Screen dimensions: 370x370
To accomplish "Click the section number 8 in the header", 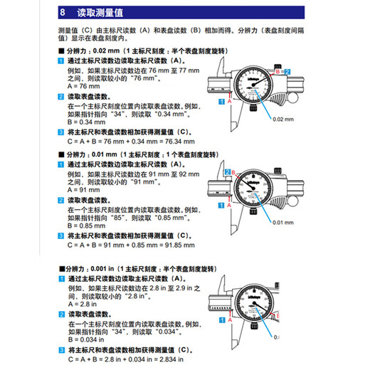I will click(62, 12).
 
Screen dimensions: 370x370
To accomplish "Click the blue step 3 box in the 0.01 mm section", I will click(61, 236).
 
